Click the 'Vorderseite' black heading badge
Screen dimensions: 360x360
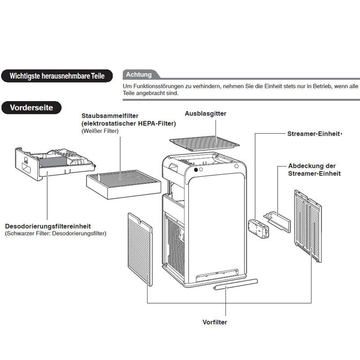pyautogui.click(x=31, y=108)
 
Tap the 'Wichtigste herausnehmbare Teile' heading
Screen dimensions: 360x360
pyautogui.click(x=57, y=76)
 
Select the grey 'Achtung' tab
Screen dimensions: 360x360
pyautogui.click(x=139, y=75)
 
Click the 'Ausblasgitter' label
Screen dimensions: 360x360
pyautogui.click(x=206, y=114)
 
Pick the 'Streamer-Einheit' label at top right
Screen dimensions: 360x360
pyautogui.click(x=313, y=134)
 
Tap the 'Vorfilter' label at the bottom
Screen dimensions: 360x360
pyautogui.click(x=215, y=322)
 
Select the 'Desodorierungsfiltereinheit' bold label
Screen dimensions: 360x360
pyautogui.click(x=48, y=226)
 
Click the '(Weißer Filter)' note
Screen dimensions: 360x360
pyautogui.click(x=100, y=131)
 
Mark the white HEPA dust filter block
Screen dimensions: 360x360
pyautogui.click(x=123, y=184)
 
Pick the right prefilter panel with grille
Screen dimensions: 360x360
pyautogui.click(x=308, y=225)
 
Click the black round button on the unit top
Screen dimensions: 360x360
pyautogui.click(x=196, y=171)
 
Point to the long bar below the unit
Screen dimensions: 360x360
pyautogui.click(x=235, y=285)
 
